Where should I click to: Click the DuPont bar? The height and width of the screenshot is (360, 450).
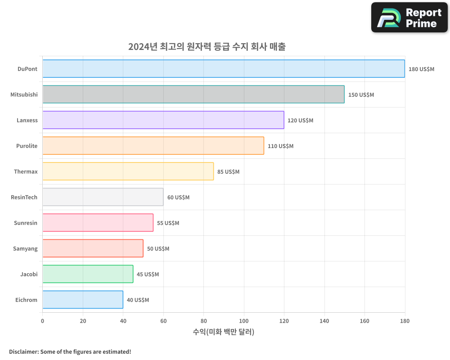pyautogui.click(x=224, y=69)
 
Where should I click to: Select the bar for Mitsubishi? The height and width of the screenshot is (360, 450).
pyautogui.click(x=193, y=94)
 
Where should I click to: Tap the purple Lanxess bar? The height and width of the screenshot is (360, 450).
pyautogui.click(x=163, y=120)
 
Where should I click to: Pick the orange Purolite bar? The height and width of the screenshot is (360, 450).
pyautogui.click(x=153, y=146)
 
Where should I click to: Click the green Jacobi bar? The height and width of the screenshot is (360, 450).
pyautogui.click(x=88, y=274)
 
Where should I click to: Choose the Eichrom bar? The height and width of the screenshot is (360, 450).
pyautogui.click(x=83, y=300)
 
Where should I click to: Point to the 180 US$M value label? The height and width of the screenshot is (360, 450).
pyautogui.click(x=421, y=69)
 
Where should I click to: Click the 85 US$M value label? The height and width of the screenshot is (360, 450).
pyautogui.click(x=228, y=172)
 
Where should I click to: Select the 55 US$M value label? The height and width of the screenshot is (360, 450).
pyautogui.click(x=168, y=223)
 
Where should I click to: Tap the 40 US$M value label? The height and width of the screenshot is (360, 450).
pyautogui.click(x=138, y=300)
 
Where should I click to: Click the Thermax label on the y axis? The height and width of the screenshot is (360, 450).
pyautogui.click(x=26, y=172)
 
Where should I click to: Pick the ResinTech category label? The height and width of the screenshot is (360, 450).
pyautogui.click(x=24, y=198)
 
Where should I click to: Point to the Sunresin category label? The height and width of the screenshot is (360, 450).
pyautogui.click(x=25, y=223)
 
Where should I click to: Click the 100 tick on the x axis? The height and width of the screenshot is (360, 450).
pyautogui.click(x=244, y=321)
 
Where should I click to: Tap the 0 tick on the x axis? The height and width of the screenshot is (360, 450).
pyautogui.click(x=43, y=321)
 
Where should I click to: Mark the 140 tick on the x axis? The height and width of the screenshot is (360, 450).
pyautogui.click(x=324, y=321)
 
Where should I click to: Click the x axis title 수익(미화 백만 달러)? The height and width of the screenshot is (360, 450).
pyautogui.click(x=224, y=332)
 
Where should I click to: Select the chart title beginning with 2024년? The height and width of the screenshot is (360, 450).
pyautogui.click(x=207, y=46)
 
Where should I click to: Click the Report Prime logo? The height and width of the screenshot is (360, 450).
pyautogui.click(x=409, y=18)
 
